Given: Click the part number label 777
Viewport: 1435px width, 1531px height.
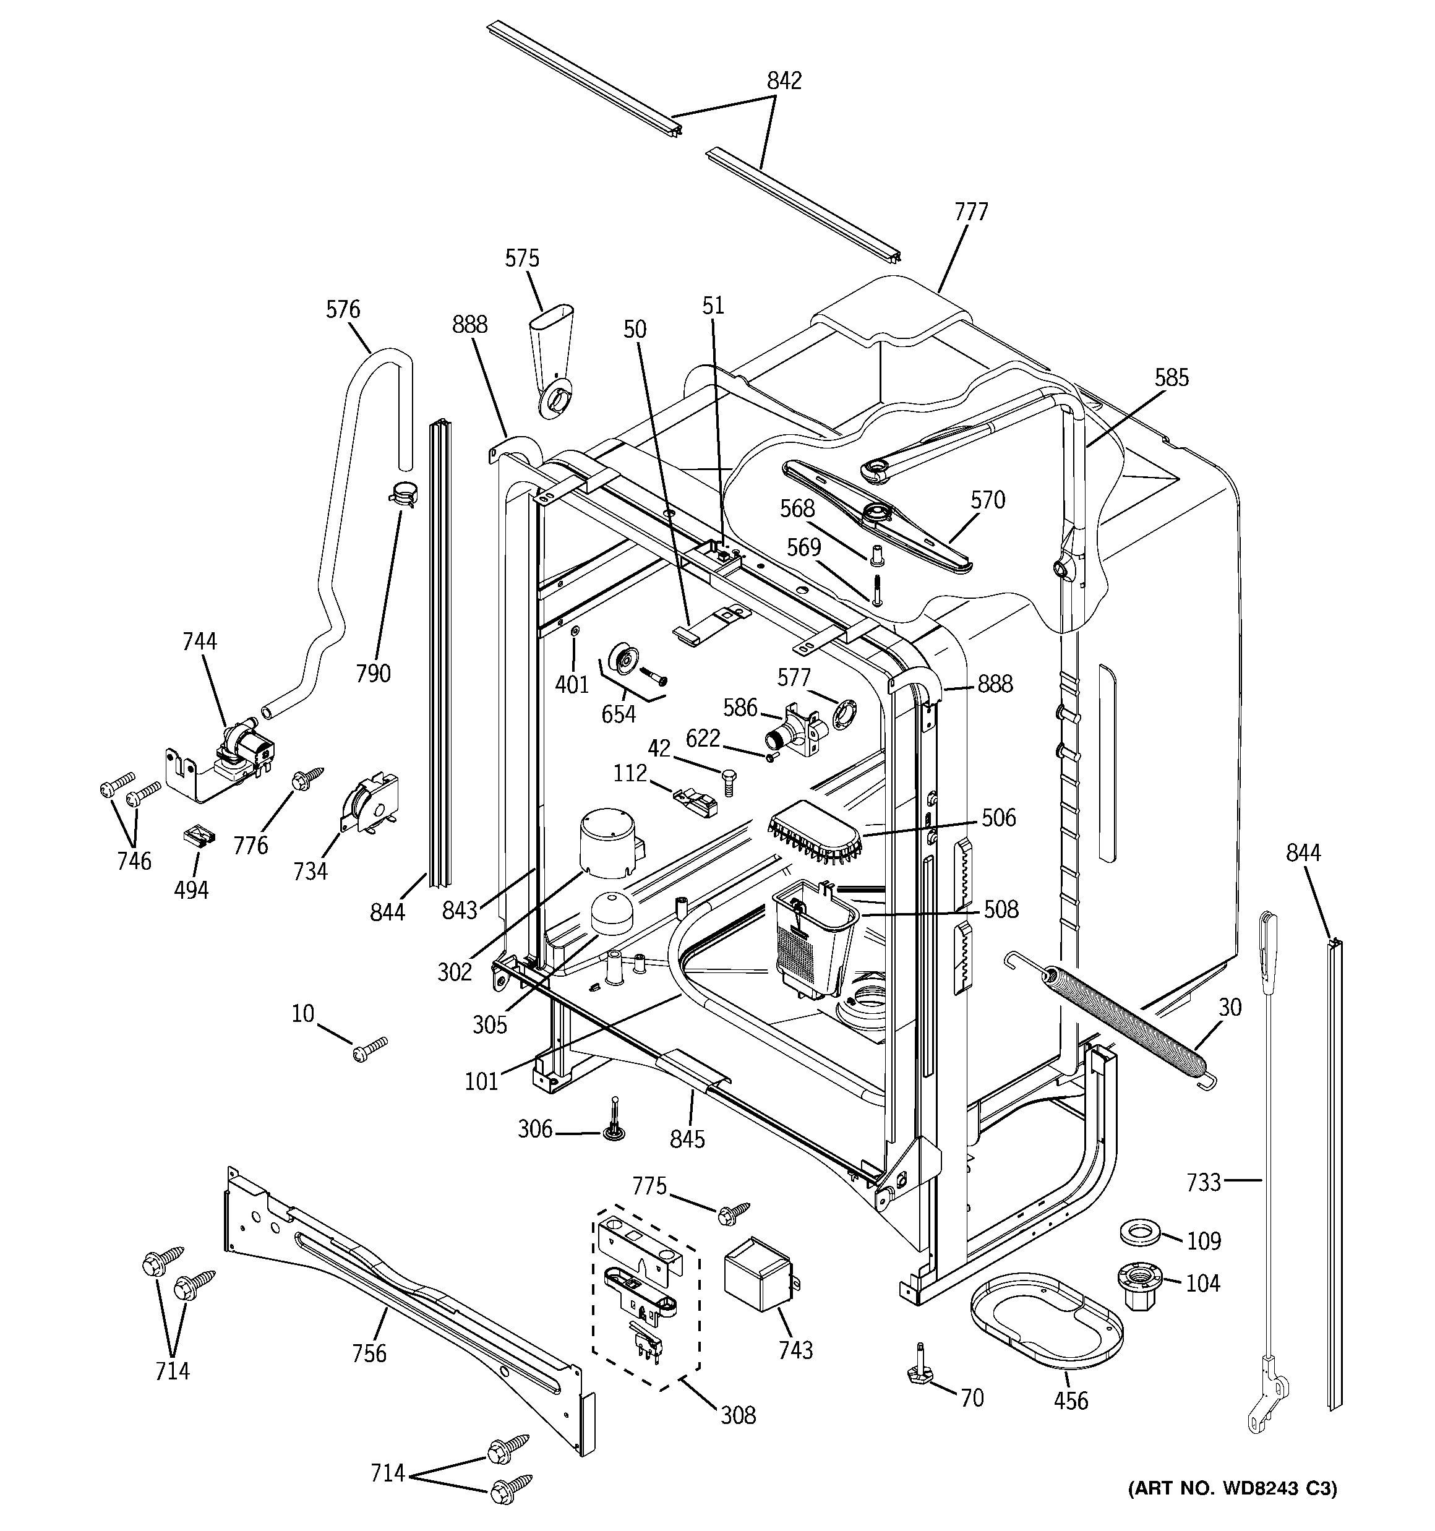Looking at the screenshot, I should click(970, 212).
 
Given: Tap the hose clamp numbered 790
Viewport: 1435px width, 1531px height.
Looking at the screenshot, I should click(402, 493).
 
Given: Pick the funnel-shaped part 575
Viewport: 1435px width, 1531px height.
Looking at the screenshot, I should click(552, 362).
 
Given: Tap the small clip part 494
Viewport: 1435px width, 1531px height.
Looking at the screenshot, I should click(200, 836).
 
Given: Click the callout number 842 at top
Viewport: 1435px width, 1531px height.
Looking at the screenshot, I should click(784, 81).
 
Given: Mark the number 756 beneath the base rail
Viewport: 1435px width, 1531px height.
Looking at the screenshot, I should click(369, 1353).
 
